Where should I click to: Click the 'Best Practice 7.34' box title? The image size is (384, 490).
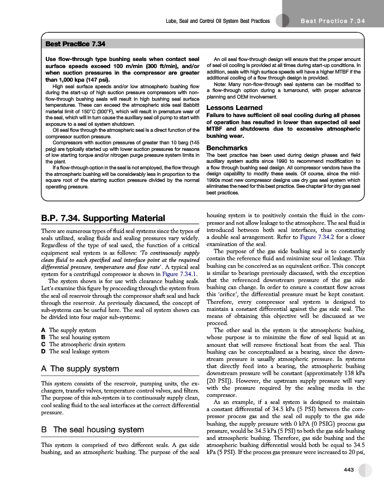point(75,43)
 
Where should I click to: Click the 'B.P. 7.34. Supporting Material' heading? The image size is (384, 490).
point(103,219)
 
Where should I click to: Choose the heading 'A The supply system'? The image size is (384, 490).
point(80,369)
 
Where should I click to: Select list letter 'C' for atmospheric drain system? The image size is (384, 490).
point(43,344)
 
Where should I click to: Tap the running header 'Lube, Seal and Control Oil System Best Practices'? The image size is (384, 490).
point(218,21)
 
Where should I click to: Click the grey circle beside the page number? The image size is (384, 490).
point(365,470)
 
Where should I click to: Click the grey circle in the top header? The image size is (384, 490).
point(282,21)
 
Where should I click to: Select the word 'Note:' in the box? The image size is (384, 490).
point(221,84)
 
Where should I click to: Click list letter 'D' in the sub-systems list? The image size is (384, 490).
point(43,351)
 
